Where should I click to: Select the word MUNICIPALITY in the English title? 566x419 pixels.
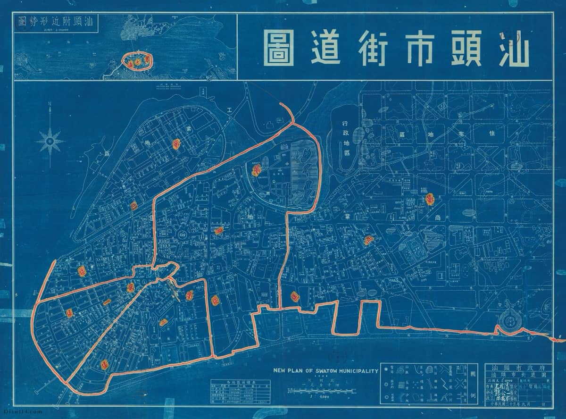357,371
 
